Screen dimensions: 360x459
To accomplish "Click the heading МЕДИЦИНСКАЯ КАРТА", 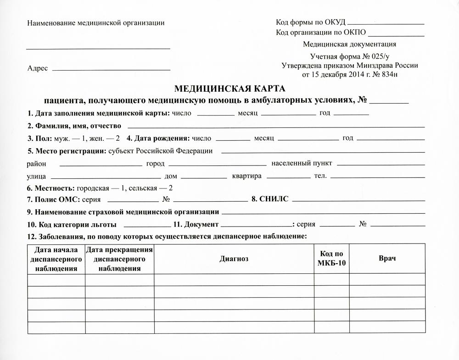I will pyautogui.click(x=230, y=89).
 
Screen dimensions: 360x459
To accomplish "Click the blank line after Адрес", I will pyautogui.click(x=111, y=69).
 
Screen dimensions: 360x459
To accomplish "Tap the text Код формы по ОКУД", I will pyautogui.click(x=310, y=22).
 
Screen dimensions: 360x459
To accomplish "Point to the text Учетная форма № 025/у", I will pyautogui.click(x=349, y=57).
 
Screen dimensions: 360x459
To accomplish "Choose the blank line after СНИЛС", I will pyautogui.click(x=358, y=200).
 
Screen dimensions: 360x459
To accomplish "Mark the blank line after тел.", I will pyautogui.click(x=377, y=177).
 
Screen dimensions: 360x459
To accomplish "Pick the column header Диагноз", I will pyautogui.click(x=234, y=259).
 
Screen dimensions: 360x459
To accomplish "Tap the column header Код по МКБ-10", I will pyautogui.click(x=331, y=259).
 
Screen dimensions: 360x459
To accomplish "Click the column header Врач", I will pyautogui.click(x=387, y=259).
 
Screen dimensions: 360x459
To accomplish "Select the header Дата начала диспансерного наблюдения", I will pyautogui.click(x=56, y=259).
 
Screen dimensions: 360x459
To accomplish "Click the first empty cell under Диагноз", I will pyautogui.click(x=234, y=280).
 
